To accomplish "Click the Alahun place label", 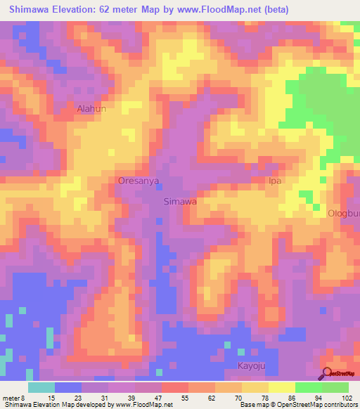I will point(91,109).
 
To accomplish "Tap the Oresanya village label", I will point(139,181).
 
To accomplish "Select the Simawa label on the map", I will point(179,201).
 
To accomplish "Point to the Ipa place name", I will point(276,181).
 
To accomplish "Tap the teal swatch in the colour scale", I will point(41,387).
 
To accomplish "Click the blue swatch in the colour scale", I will point(68,387).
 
